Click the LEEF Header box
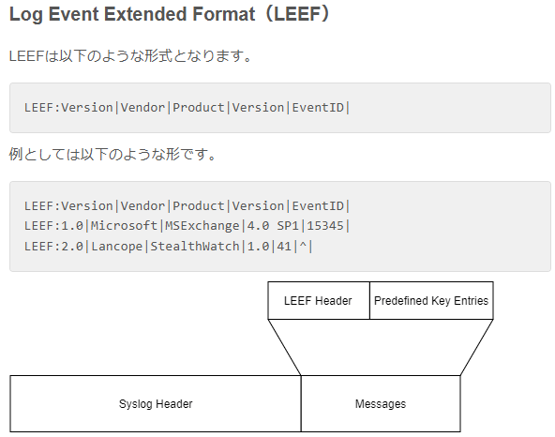(x=319, y=301)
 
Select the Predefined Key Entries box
(x=431, y=301)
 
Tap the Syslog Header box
(x=156, y=404)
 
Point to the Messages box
(x=381, y=404)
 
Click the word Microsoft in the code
(x=124, y=226)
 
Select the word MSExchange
(x=202, y=226)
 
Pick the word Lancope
(x=117, y=246)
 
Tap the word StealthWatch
(x=195, y=246)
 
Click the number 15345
(x=325, y=226)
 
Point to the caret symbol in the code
(x=303, y=245)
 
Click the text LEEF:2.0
(x=53, y=246)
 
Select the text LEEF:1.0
(x=53, y=226)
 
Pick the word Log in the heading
(x=26, y=15)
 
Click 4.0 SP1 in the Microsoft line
(x=273, y=226)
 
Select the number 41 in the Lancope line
(x=284, y=246)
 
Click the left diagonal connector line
(x=285, y=347)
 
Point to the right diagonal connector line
(x=477, y=347)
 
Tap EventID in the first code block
(x=318, y=107)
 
